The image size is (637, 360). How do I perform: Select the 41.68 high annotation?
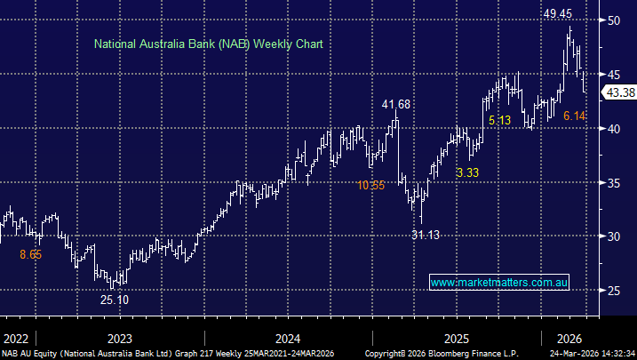click(x=396, y=105)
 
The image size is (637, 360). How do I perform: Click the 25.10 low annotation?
click(x=115, y=300)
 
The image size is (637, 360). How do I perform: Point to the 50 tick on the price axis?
click(x=614, y=20)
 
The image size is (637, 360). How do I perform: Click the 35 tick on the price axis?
click(x=614, y=182)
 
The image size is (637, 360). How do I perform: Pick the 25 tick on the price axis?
click(x=614, y=291)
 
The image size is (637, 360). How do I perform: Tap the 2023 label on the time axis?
click(x=118, y=339)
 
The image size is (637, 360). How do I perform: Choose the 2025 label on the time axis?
click(x=457, y=339)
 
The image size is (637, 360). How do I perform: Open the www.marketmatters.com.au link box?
click(x=498, y=283)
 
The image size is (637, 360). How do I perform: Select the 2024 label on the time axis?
click(x=288, y=339)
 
